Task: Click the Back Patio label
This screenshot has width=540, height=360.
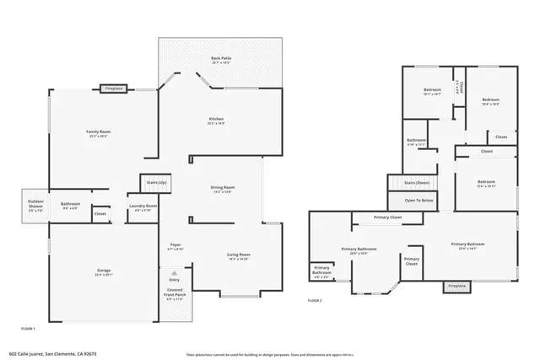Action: coord(221,58)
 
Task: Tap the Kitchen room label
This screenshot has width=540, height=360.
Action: coord(216,120)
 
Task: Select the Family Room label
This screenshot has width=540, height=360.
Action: coord(99,132)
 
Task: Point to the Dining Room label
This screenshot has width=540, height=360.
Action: coord(223,187)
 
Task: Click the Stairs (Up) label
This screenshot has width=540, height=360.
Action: coord(156,182)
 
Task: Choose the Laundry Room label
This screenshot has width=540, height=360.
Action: coord(143,206)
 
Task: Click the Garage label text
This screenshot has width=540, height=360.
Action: coord(103,271)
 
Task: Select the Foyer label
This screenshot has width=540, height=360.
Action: coord(175,245)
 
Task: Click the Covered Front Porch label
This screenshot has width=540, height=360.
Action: coord(175,293)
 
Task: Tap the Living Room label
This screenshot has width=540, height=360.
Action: coord(239,255)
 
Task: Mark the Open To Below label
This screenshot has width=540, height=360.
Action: coord(418,201)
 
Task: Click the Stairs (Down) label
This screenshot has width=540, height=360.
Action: coord(417,182)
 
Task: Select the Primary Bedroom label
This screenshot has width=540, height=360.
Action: coord(474,244)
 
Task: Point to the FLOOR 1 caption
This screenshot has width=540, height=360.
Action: coord(28,327)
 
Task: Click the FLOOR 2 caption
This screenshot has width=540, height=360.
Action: coord(315,300)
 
